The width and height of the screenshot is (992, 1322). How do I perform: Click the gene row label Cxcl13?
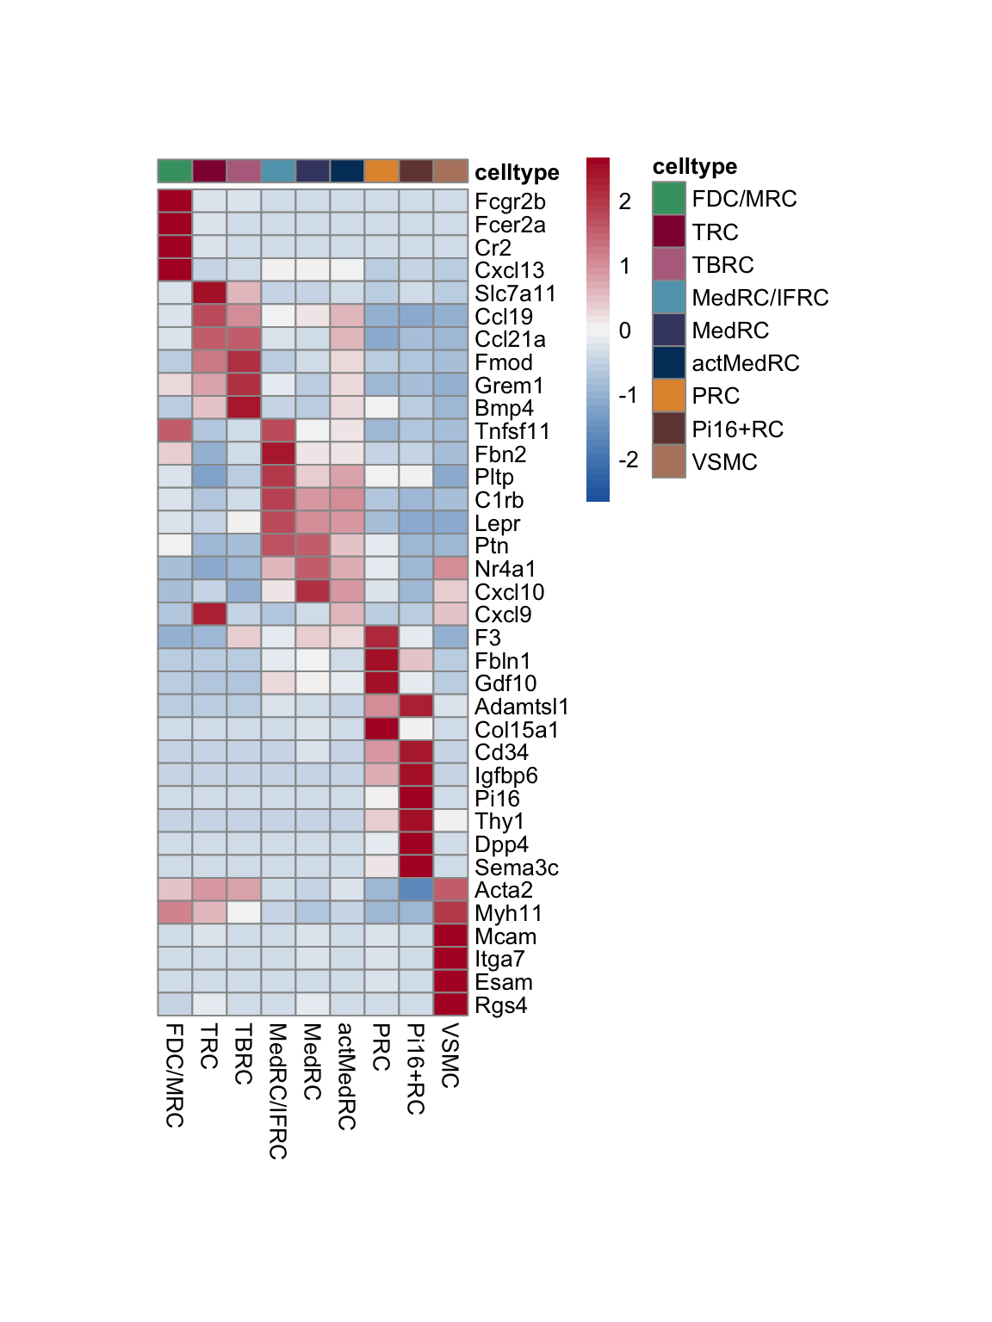coord(509,270)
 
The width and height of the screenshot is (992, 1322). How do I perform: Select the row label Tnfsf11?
coord(512,431)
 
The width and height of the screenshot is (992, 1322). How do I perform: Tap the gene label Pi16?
coord(497,799)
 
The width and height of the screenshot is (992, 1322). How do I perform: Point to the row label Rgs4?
coord(500,1005)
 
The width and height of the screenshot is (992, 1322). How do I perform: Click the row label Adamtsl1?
coord(521,707)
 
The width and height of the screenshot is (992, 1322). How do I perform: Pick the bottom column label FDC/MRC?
coord(175,1075)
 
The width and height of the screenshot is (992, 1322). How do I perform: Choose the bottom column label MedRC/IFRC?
coord(278,1090)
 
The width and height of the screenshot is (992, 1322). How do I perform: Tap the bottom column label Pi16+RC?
coord(416,1069)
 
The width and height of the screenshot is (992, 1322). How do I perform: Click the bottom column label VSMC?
coord(450,1055)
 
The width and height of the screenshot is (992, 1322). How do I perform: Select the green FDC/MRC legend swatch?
coord(669,199)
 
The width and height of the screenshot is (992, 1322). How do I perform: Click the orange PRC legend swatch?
coord(669,396)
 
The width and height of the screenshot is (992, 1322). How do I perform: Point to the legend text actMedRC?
coord(745,363)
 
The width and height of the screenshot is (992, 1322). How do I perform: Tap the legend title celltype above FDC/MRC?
coord(694,166)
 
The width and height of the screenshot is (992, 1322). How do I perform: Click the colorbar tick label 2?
coord(625,201)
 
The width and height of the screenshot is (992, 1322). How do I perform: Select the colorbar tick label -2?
coord(628,460)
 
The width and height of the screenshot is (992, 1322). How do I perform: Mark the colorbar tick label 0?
coord(625,330)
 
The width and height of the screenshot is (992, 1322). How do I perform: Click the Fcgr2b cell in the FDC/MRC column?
coord(175,201)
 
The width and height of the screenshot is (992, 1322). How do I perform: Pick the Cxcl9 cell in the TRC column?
coord(209,615)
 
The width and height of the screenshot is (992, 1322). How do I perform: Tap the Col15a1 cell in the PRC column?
coord(381,729)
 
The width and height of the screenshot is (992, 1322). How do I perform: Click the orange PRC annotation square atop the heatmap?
coord(381,171)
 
